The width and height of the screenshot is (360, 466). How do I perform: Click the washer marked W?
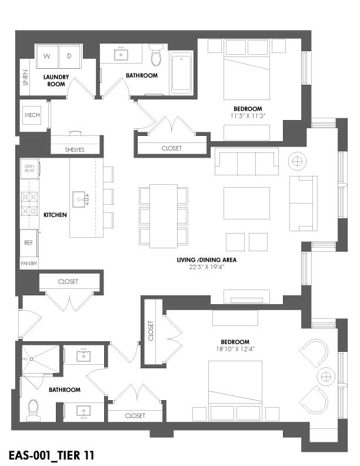[47, 56]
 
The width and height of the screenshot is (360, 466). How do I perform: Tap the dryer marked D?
[70, 56]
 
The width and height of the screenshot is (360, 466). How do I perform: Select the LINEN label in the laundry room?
[25, 78]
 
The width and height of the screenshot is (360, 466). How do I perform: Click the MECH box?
[32, 115]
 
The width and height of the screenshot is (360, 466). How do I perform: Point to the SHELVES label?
[75, 150]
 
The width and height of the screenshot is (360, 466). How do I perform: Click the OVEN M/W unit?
[29, 168]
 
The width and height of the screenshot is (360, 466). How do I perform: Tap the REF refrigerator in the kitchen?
[28, 243]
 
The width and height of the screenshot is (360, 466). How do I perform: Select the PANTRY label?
[29, 264]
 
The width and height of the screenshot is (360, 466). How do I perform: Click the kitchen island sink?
[79, 199]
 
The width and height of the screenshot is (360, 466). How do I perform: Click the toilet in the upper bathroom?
[156, 55]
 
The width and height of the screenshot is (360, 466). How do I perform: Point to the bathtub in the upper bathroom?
[182, 73]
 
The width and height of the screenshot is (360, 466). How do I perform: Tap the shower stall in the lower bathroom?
[41, 358]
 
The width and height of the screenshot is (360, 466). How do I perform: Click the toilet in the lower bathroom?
[32, 410]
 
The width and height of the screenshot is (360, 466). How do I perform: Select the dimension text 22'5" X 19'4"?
[206, 267]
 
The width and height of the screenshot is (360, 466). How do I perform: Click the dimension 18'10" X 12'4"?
[235, 349]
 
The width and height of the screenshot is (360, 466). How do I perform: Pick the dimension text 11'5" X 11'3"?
[248, 116]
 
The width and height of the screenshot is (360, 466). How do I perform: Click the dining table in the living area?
[164, 216]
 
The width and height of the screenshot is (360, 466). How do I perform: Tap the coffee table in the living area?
[247, 203]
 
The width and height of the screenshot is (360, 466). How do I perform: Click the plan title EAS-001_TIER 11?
[51, 455]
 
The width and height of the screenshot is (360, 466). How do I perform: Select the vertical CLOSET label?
[151, 331]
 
